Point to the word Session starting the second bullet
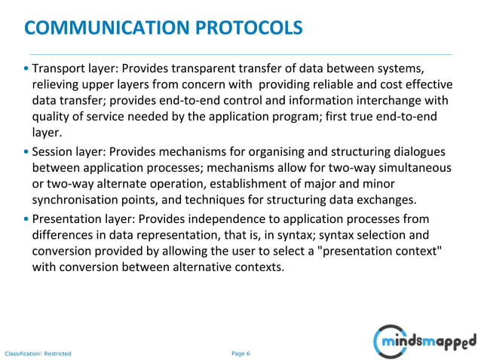53,151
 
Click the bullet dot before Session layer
27,151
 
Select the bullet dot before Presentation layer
27,220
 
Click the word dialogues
418,151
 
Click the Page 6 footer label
240,353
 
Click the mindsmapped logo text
429,342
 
